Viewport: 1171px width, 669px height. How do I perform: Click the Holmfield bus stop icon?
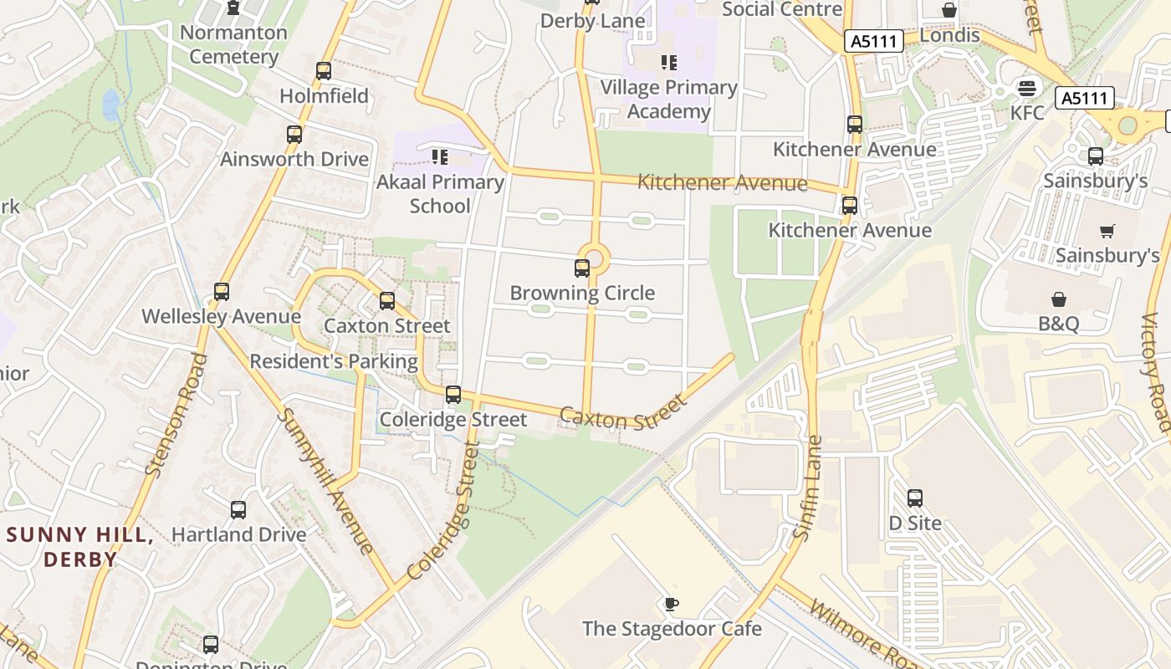(x=324, y=71)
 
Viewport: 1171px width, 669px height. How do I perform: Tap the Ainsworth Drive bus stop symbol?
(x=294, y=135)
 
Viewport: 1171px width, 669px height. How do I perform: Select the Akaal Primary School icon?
(x=439, y=157)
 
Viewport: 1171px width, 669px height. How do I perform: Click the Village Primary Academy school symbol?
(x=668, y=63)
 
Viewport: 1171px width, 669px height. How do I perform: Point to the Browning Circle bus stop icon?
(x=582, y=268)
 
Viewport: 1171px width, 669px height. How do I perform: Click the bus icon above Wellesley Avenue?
(x=222, y=292)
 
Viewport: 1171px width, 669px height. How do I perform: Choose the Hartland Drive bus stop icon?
(x=238, y=509)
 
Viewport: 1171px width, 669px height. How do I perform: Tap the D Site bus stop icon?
(x=915, y=498)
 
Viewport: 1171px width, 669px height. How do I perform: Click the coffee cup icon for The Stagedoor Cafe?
(x=671, y=604)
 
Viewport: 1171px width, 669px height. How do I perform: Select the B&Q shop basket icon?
(x=1059, y=299)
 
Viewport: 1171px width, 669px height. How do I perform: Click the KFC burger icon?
(x=1026, y=88)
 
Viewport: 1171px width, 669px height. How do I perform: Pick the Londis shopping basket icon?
(x=949, y=10)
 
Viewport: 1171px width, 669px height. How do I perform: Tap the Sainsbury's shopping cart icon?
(x=1107, y=231)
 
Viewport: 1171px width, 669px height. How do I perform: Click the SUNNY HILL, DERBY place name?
(x=80, y=547)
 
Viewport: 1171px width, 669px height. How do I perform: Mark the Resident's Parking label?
(x=334, y=361)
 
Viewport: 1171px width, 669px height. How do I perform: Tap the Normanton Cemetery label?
(x=233, y=45)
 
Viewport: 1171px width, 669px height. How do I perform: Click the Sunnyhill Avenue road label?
(x=326, y=481)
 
